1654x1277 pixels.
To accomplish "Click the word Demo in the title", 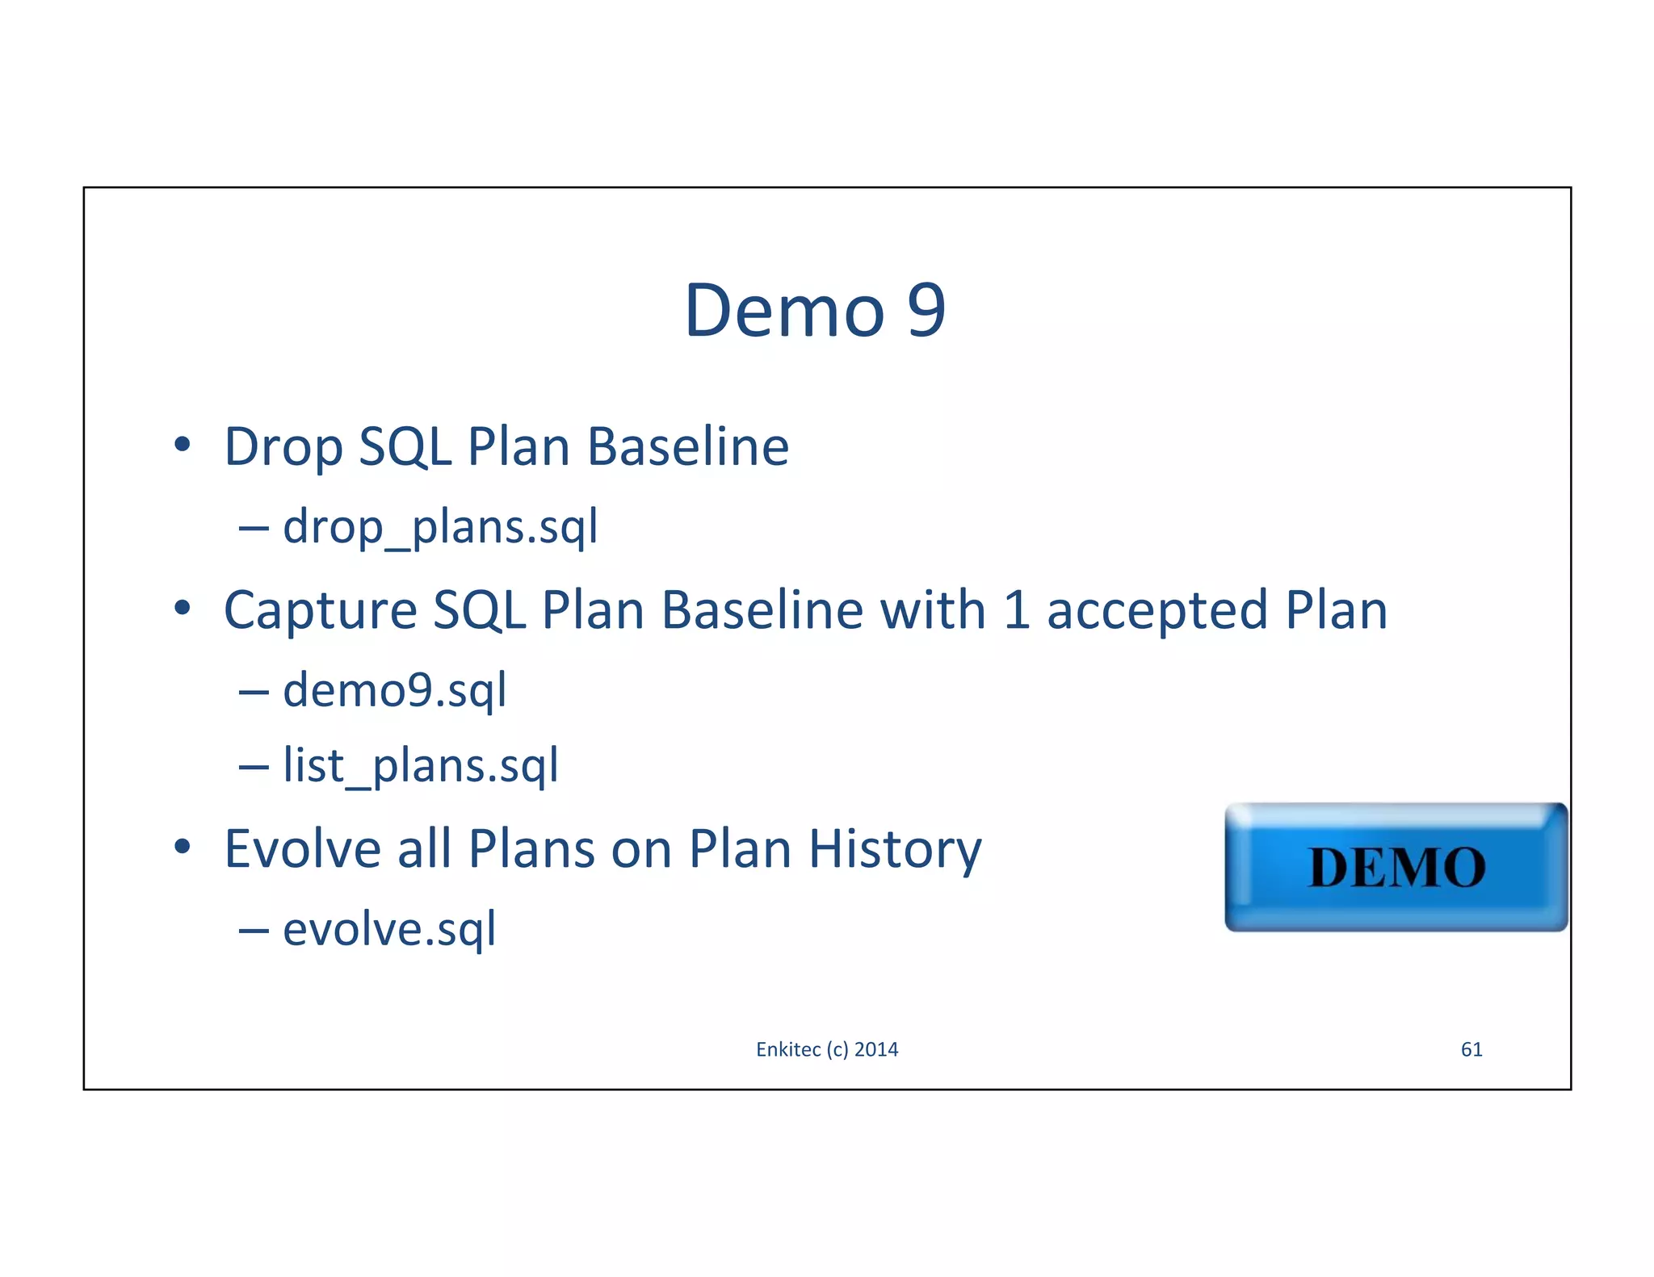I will (x=783, y=311).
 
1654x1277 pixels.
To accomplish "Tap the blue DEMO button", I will (x=1396, y=867).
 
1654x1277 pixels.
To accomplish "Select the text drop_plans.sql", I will (x=440, y=527).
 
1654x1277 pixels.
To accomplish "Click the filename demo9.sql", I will (x=394, y=691).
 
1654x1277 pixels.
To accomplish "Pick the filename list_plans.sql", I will (x=420, y=765).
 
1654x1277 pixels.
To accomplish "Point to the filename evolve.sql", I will (x=389, y=929).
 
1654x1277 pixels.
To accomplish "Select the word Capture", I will (x=320, y=611).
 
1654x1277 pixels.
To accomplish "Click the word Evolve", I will (x=301, y=849).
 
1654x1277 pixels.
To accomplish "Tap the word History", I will (x=895, y=849).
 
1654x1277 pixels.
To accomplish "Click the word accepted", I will (x=1157, y=611).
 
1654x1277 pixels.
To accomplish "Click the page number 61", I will (x=1471, y=1049).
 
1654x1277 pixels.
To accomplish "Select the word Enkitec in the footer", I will (x=788, y=1049).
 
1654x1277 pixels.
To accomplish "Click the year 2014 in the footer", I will (x=876, y=1049).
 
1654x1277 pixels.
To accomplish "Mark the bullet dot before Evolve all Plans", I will (x=183, y=847).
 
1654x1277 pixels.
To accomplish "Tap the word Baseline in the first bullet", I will (x=687, y=447).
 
